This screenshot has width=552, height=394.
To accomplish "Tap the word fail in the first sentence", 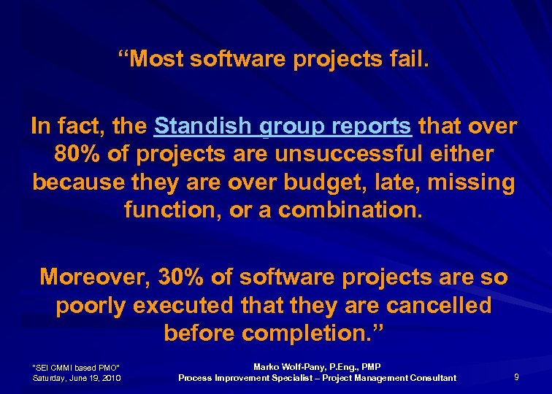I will point(407,60).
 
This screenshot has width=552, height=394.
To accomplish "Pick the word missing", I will point(471,182).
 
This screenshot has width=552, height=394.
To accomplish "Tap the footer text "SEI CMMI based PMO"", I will point(77,366).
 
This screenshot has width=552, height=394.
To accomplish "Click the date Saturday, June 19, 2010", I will point(77,377).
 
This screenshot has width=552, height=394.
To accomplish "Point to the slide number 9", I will point(517,376).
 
